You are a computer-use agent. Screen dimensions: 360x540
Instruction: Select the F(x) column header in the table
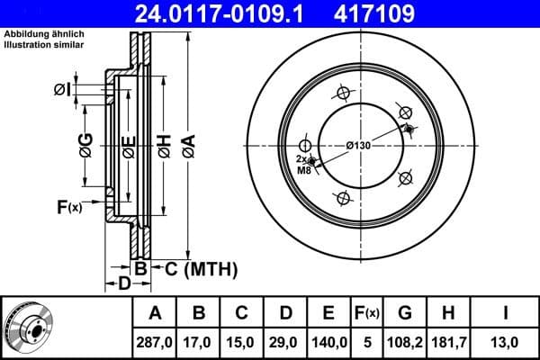click(366, 313)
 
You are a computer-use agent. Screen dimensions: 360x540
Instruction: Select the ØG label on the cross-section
click(85, 145)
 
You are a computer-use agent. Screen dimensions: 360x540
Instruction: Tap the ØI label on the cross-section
click(62, 88)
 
